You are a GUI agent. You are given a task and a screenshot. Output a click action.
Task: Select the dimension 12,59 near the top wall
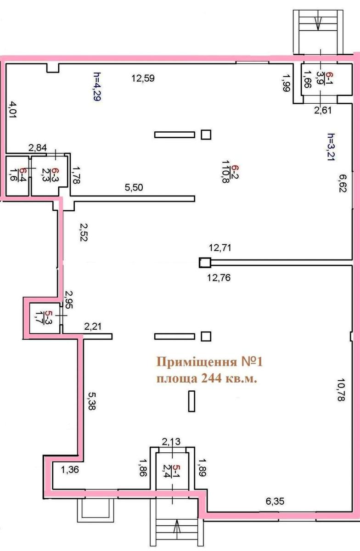143,78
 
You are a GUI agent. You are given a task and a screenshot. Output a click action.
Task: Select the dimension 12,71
220,248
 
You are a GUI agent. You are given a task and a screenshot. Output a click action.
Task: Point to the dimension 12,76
220,277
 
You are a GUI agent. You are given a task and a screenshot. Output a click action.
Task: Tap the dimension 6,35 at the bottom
274,502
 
